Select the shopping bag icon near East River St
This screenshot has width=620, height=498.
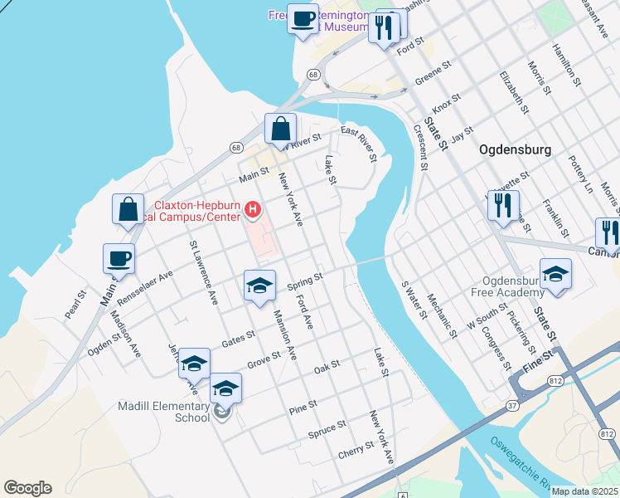pos(280,129)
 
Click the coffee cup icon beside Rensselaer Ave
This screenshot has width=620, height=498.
pos(119,257)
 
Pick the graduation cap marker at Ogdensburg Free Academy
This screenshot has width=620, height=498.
pos(555,274)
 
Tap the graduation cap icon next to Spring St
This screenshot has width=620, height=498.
pos(259,286)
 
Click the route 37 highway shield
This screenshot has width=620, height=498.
pos(512,406)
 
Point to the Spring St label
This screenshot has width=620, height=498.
pos(304,282)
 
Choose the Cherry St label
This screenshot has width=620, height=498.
pos(356,455)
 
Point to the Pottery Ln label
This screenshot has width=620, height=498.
pos(582,174)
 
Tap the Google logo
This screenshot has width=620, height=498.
pos(27,488)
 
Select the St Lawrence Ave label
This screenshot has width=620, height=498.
pos(203,272)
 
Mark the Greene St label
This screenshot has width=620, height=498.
pos(432,75)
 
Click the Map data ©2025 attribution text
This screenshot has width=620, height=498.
pos(584,491)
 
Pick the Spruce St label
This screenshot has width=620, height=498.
pos(327,429)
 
